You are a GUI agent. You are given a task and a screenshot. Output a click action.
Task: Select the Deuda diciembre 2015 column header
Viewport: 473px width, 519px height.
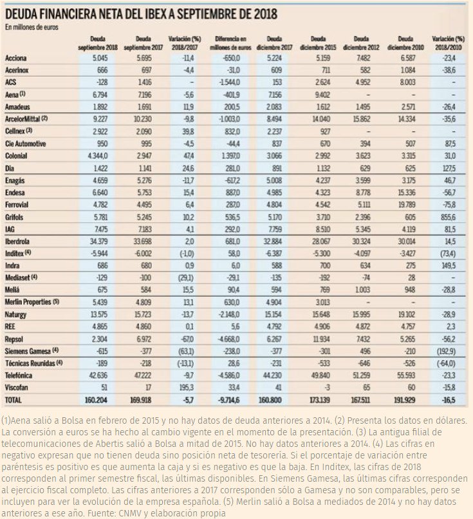pyautogui.click(x=320, y=43)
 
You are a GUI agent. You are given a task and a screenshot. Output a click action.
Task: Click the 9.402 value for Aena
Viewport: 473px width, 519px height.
pyautogui.click(x=320, y=94)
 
